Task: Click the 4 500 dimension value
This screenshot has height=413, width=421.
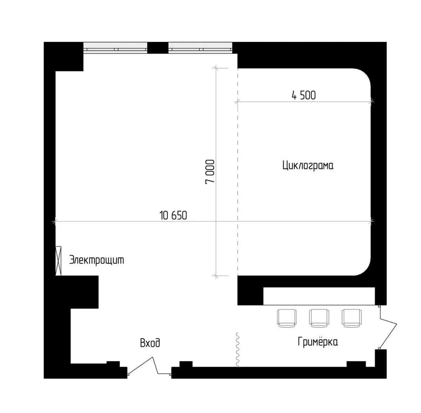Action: pyautogui.click(x=304, y=96)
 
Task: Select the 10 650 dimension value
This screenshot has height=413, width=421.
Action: pyautogui.click(x=173, y=216)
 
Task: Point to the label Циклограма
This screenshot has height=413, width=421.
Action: pyautogui.click(x=308, y=166)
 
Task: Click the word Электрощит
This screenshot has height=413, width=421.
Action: pyautogui.click(x=96, y=260)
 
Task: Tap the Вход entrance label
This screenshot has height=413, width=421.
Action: pyautogui.click(x=150, y=343)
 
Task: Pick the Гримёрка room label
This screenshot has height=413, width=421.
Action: pyautogui.click(x=318, y=342)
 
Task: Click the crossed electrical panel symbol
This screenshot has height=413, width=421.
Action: pyautogui.click(x=58, y=261)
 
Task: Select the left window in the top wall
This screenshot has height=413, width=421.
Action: pyautogui.click(x=115, y=48)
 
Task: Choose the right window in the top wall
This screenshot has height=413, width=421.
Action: pyautogui.click(x=200, y=48)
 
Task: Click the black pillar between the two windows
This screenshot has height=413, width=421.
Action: pyautogui.click(x=158, y=48)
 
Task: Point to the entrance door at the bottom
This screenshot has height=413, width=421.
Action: pyautogui.click(x=150, y=367)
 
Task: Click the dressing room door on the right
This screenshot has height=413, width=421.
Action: pyautogui.click(x=388, y=330)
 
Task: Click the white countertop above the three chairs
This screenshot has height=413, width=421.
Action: pyautogui.click(x=319, y=296)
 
